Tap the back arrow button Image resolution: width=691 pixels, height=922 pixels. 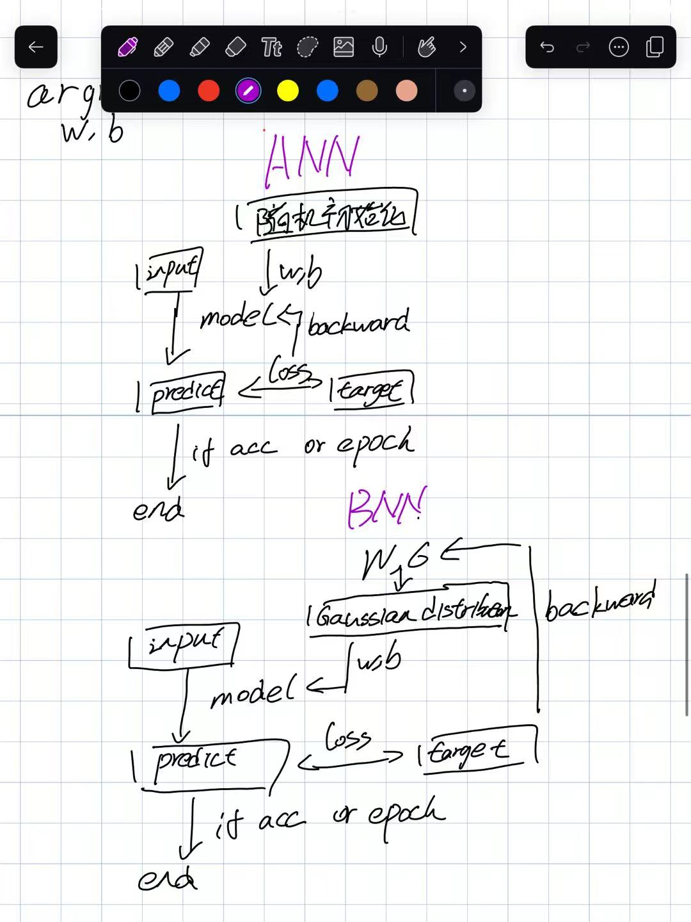[x=36, y=47]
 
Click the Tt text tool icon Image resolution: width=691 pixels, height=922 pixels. [x=271, y=47]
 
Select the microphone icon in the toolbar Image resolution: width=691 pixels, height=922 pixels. [x=379, y=47]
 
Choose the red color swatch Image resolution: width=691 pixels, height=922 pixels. [x=209, y=91]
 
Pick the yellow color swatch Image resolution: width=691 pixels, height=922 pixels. [x=288, y=91]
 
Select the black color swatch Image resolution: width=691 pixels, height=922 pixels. [x=130, y=91]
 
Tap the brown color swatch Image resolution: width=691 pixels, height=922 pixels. [x=367, y=91]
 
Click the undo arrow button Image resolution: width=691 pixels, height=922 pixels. [x=547, y=47]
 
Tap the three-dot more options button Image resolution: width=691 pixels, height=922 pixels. [x=619, y=47]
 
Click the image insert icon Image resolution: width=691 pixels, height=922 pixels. [x=344, y=47]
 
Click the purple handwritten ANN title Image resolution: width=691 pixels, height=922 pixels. [x=312, y=158]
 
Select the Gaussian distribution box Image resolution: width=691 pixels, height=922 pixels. [x=410, y=611]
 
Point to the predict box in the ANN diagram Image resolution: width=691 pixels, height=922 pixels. [x=186, y=391]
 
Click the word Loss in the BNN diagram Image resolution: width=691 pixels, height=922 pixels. [x=347, y=738]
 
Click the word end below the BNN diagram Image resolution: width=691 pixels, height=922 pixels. [x=167, y=880]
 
